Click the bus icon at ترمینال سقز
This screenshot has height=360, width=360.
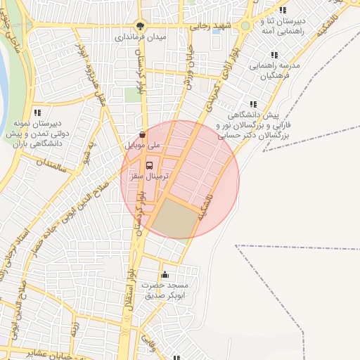pos(148,166)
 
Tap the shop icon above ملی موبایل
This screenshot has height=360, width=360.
pos(143,134)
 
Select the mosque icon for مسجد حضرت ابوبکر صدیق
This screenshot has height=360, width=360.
pos(165,274)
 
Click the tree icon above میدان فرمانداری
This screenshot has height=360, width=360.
pos(141,24)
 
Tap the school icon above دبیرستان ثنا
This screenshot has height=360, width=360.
pos(283,10)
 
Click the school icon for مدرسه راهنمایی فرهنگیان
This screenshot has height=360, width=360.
pos(274,54)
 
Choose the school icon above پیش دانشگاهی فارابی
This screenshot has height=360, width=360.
pos(253,104)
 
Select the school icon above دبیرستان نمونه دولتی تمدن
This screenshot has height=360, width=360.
pos(37,112)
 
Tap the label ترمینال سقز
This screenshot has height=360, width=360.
pos(146,178)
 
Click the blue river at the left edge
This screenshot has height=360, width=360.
pos(3,77)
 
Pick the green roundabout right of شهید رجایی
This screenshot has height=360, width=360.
pos(245,26)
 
